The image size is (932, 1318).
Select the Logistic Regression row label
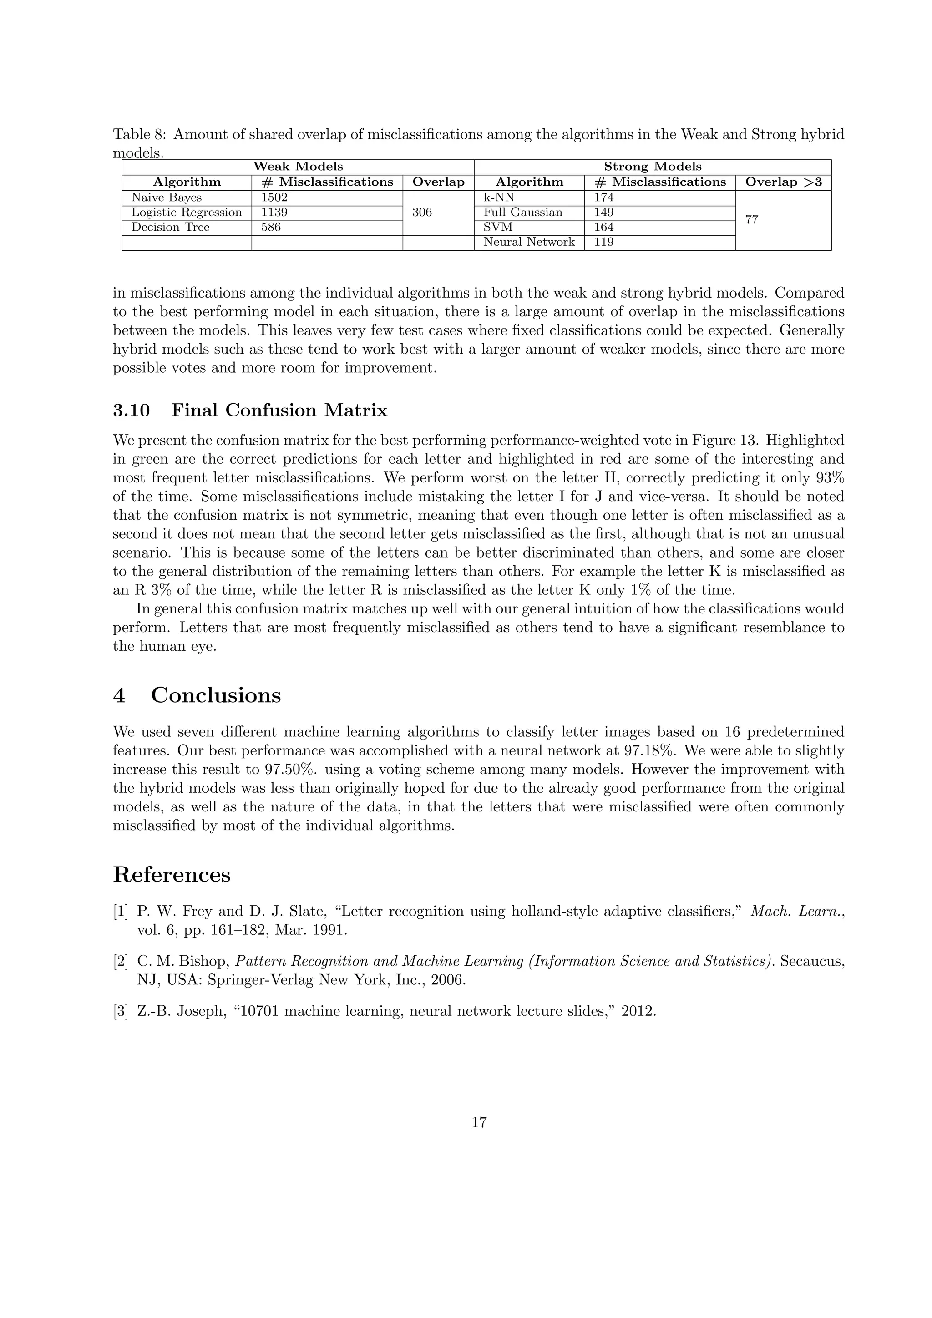(x=187, y=213)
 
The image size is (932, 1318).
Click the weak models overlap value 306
(x=422, y=213)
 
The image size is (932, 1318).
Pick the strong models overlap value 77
(x=751, y=220)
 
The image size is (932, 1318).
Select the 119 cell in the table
(x=604, y=242)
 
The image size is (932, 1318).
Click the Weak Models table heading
(x=298, y=167)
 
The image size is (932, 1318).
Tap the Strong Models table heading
(x=652, y=167)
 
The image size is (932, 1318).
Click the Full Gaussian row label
(x=522, y=213)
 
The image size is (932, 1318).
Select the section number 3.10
(x=132, y=411)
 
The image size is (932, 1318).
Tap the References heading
(x=172, y=875)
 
